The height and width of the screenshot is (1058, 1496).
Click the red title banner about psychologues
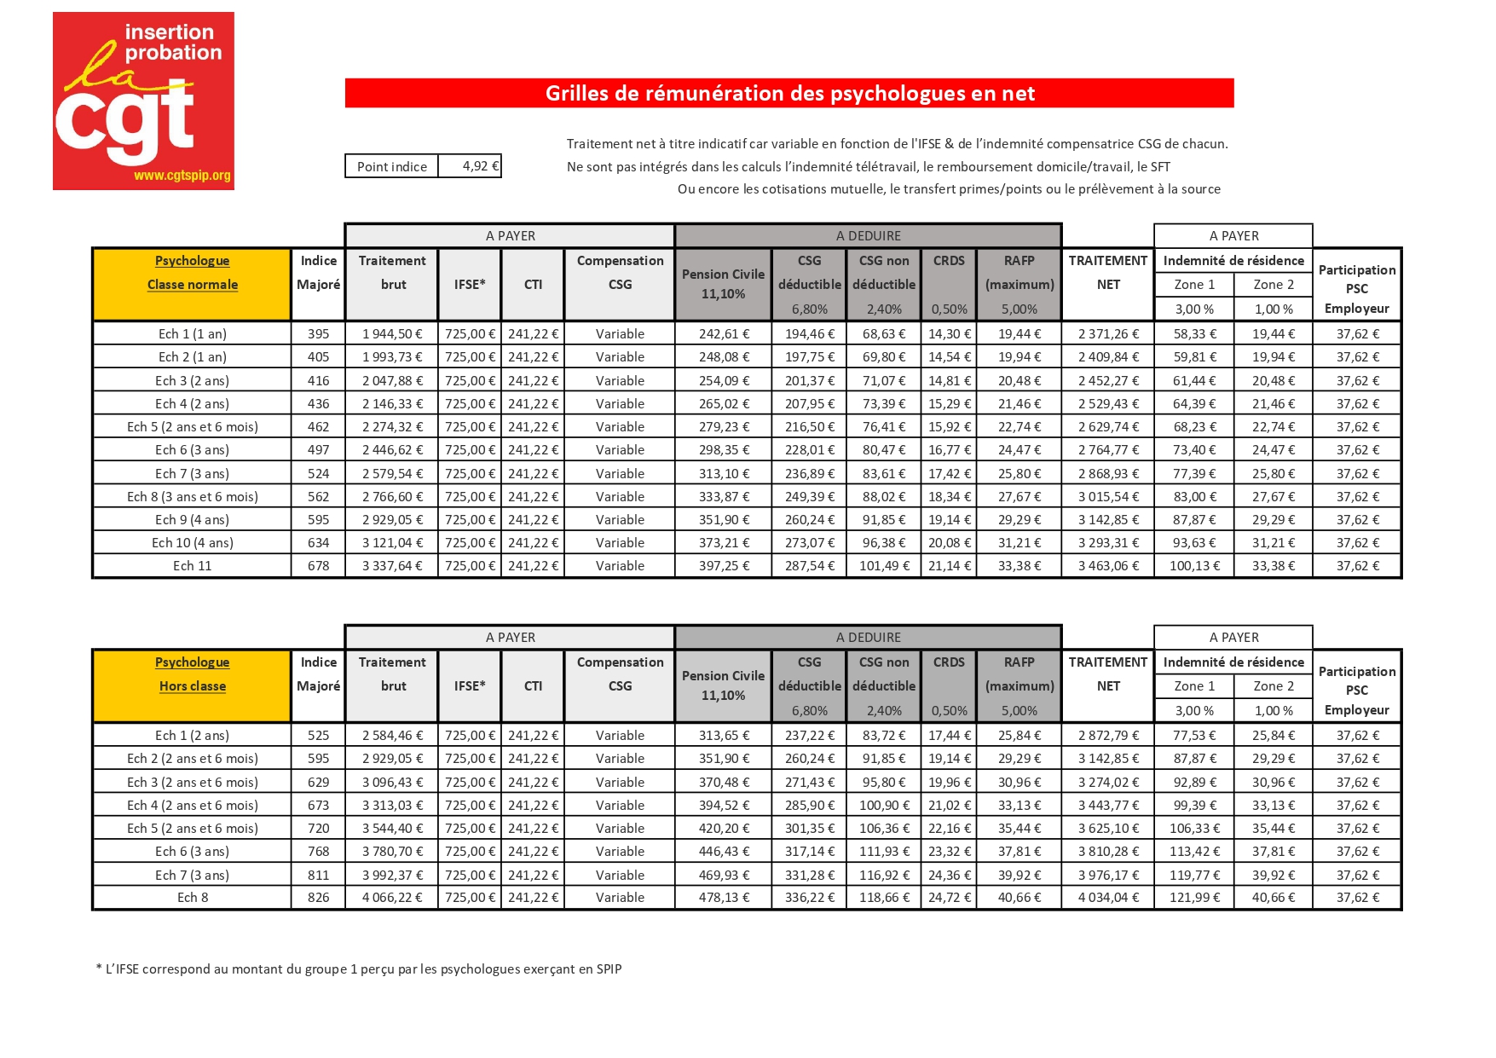click(789, 93)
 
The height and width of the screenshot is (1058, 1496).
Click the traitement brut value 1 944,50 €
click(392, 334)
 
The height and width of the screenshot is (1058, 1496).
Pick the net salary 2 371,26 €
click(1108, 334)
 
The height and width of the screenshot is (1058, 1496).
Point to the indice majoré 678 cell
click(318, 566)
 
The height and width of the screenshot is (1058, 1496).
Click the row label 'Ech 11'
click(192, 566)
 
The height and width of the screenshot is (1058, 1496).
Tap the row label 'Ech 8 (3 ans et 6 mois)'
click(192, 497)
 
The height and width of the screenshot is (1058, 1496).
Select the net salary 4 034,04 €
click(1108, 898)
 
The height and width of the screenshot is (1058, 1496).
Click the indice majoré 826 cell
click(318, 898)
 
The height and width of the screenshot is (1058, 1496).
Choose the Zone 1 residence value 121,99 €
click(1194, 898)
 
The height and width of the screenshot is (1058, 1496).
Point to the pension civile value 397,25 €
click(724, 566)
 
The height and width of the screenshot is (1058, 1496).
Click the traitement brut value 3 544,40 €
click(392, 829)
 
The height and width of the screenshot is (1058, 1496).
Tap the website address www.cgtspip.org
click(182, 176)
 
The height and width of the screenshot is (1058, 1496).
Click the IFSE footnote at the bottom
click(359, 969)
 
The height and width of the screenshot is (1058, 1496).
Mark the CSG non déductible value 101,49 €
click(884, 566)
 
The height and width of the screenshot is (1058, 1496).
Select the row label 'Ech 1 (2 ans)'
click(192, 736)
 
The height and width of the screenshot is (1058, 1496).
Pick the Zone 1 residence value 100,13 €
click(1194, 566)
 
